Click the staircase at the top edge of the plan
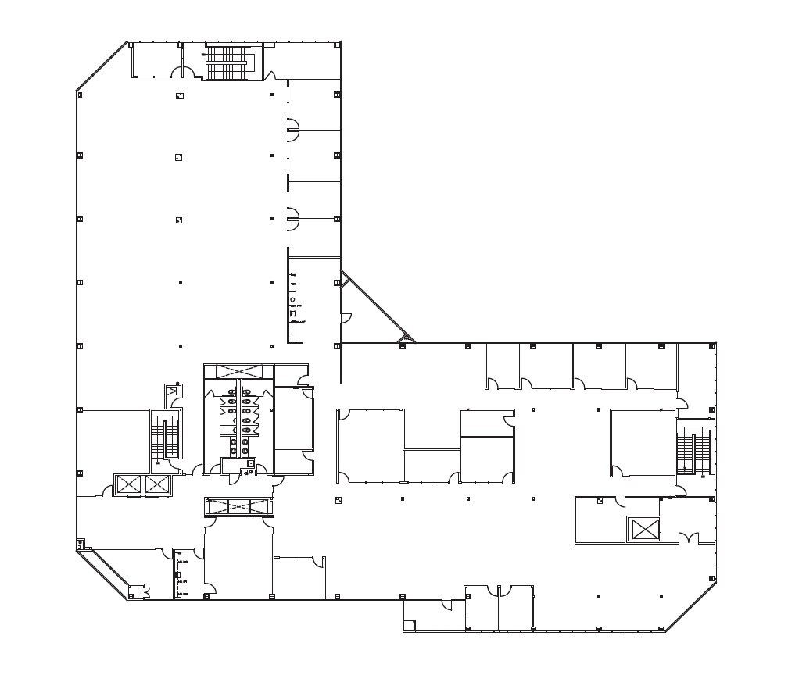226,62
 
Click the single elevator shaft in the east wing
645,529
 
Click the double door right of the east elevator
687,538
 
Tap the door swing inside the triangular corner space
346,318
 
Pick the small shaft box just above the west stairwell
171,391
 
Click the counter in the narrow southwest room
179,574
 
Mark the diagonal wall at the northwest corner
102,66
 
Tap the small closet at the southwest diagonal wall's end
138,592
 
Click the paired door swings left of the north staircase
183,73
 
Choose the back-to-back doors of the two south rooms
499,590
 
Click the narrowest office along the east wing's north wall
503,365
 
